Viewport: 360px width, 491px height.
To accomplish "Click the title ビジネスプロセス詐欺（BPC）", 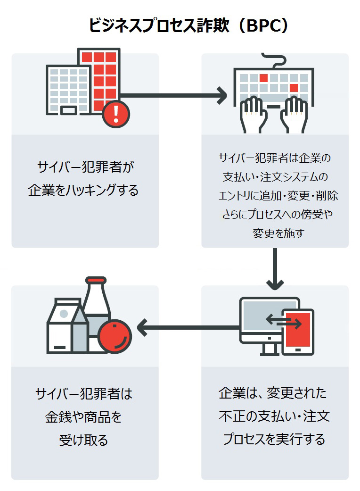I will (x=188, y=25).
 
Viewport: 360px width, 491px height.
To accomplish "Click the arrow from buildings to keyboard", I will (x=174, y=95).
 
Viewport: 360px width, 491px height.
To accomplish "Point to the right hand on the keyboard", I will (x=295, y=114).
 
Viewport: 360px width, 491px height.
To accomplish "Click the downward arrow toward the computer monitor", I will (x=275, y=269).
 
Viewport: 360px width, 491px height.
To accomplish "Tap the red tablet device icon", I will (x=298, y=332).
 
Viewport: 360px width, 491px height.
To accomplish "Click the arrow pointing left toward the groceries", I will (x=188, y=327).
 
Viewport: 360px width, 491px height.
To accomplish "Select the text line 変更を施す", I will (x=275, y=233).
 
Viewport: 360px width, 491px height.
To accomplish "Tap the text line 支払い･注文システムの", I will (x=275, y=176).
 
